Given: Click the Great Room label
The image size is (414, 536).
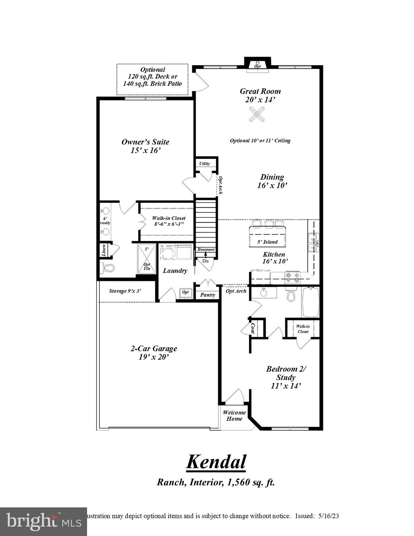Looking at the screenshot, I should click(x=260, y=95).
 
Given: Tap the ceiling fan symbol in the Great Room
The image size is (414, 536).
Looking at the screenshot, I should click(x=257, y=114).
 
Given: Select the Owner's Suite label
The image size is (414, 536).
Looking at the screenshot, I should click(x=145, y=146).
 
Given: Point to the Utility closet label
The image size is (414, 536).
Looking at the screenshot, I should click(x=205, y=164).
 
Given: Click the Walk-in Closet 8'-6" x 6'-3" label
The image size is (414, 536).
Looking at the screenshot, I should click(x=169, y=221).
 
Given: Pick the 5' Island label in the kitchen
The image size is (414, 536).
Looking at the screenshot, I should click(x=268, y=242).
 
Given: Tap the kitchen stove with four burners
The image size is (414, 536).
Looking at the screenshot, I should click(x=293, y=277).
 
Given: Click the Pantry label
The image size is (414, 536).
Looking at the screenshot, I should click(x=208, y=295).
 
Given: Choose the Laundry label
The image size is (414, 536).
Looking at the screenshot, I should click(x=175, y=271).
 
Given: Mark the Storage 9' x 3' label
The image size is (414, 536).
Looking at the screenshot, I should click(x=125, y=291).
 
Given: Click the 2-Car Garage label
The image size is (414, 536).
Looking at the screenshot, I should click(x=154, y=352).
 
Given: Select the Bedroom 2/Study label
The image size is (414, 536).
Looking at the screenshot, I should click(x=286, y=377).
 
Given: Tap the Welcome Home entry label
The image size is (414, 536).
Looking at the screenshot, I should click(x=234, y=416).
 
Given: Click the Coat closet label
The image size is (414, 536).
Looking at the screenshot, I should click(x=253, y=328).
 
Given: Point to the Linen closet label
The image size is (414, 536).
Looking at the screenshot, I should click(x=104, y=250).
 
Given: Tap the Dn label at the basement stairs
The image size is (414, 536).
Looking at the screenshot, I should click(x=205, y=261).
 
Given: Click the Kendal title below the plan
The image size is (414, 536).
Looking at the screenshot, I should click(x=216, y=462).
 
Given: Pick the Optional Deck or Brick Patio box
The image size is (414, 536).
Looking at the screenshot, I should click(x=152, y=79).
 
